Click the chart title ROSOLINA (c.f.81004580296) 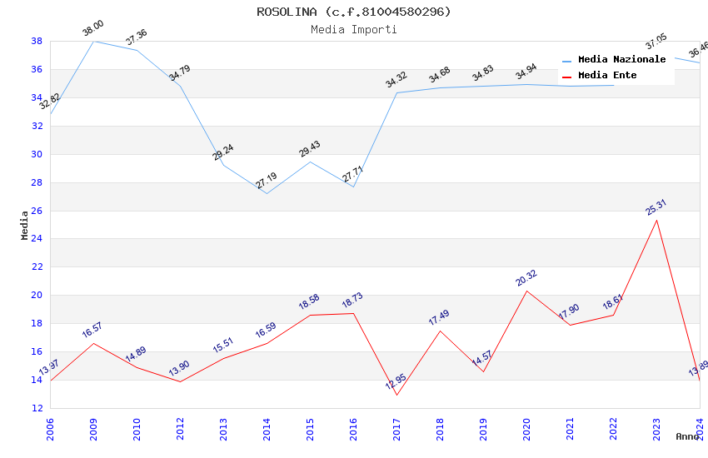click(x=353, y=12)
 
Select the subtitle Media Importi click(x=353, y=30)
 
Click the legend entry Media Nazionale click(x=621, y=60)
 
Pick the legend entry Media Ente click(x=607, y=76)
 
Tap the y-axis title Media click(x=25, y=225)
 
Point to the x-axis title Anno click(x=687, y=436)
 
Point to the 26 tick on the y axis click(x=37, y=211)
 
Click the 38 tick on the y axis click(x=37, y=41)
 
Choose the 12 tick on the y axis click(x=37, y=408)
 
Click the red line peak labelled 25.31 click(x=656, y=220)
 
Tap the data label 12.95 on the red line click(x=396, y=384)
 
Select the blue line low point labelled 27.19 click(x=267, y=194)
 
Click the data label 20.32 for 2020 click(x=526, y=278)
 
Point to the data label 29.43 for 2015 click(x=310, y=149)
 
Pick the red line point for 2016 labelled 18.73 click(x=353, y=313)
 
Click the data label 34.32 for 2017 click(x=396, y=81)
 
